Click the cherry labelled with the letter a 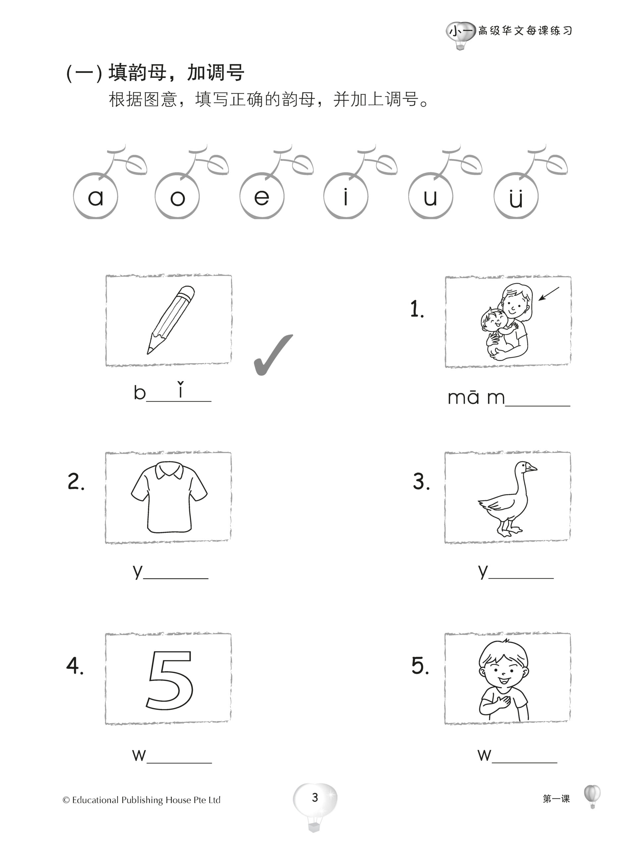click(x=95, y=196)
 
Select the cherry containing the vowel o click(x=177, y=196)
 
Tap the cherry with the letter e click(x=261, y=196)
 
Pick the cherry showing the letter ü click(x=516, y=196)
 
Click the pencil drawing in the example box click(x=171, y=320)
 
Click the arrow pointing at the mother click(x=549, y=294)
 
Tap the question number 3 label click(x=421, y=482)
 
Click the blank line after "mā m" click(x=537, y=406)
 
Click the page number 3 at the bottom click(x=315, y=797)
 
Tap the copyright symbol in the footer click(x=66, y=800)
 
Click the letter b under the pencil click(x=140, y=392)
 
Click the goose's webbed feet click(x=509, y=531)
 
